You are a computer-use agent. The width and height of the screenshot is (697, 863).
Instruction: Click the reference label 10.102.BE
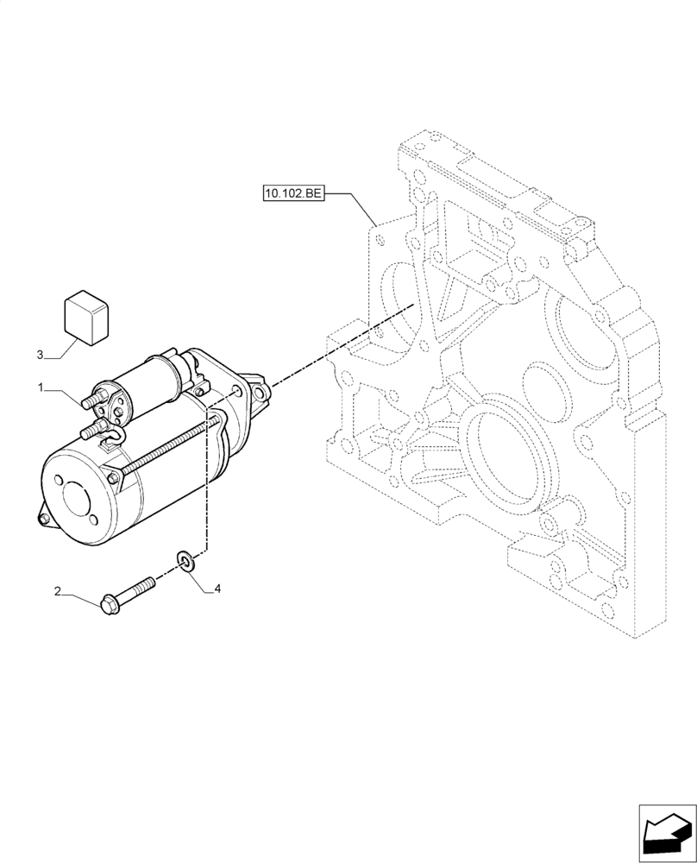[293, 193]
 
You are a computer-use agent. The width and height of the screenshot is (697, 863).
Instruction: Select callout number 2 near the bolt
[58, 592]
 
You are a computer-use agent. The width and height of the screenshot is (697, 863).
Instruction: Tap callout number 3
[40, 355]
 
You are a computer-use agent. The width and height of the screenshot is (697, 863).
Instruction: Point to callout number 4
[217, 589]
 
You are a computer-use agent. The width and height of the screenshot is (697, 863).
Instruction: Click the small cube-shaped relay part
[85, 316]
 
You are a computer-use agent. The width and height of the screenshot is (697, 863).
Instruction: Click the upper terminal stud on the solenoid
[90, 400]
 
